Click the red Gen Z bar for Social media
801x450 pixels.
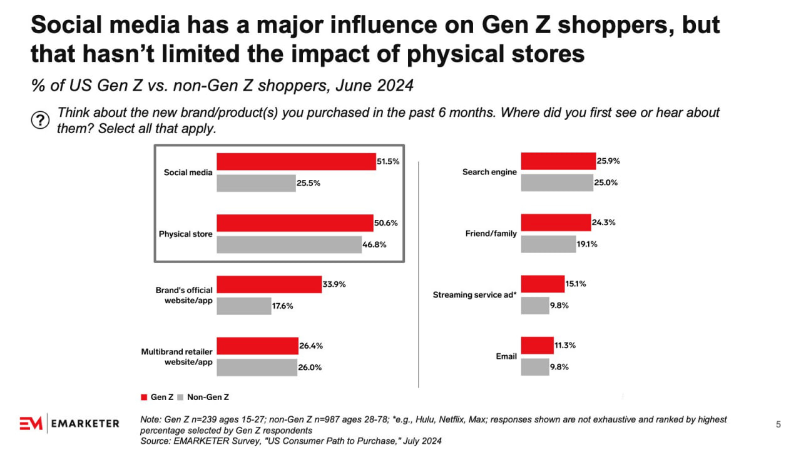pyautogui.click(x=296, y=161)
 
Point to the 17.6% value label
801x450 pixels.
pyautogui.click(x=282, y=306)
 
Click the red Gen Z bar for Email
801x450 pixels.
pyautogui.click(x=537, y=346)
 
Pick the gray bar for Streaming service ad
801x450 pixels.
pyautogui.click(x=535, y=306)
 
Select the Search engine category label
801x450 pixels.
pyautogui.click(x=489, y=172)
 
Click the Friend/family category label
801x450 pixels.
pyautogui.click(x=491, y=234)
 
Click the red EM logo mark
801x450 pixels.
pyautogui.click(x=31, y=423)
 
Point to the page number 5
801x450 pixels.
pyautogui.click(x=778, y=425)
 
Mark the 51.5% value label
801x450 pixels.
pyautogui.click(x=388, y=161)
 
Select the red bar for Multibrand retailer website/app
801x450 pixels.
pyautogui.click(x=257, y=346)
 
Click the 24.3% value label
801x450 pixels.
pyautogui.click(x=603, y=222)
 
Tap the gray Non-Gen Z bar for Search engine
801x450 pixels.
pyautogui.click(x=557, y=182)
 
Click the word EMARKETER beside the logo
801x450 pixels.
pyautogui.click(x=85, y=424)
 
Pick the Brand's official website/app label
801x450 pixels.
pyautogui.click(x=184, y=296)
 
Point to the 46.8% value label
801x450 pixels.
pyautogui.click(x=374, y=244)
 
